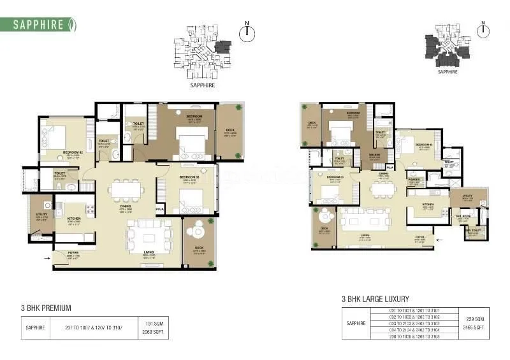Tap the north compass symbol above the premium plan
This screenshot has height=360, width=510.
[x=247, y=32]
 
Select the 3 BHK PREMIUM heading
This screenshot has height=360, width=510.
[x=46, y=308]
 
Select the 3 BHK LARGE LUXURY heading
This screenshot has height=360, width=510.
[x=375, y=299]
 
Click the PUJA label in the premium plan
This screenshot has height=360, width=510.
[x=160, y=209]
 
